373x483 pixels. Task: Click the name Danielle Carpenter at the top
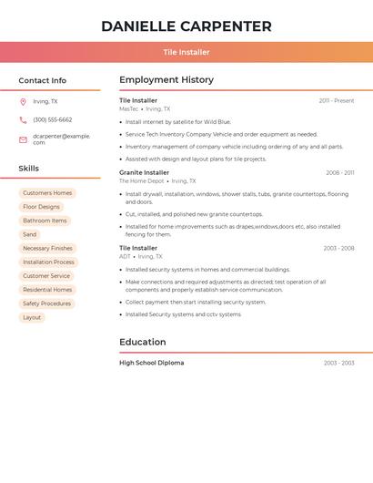pos(186,26)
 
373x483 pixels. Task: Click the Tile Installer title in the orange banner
pos(186,52)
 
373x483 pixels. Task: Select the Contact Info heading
pos(42,80)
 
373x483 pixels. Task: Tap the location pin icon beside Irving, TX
pos(23,102)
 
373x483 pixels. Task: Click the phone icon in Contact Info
pos(23,120)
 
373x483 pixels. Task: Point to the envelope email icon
pos(23,139)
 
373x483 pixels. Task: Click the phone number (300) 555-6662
pos(53,120)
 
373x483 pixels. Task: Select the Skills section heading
pos(29,169)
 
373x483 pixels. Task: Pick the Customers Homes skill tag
pos(47,193)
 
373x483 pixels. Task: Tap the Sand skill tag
pos(30,234)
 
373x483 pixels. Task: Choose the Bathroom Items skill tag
pos(45,221)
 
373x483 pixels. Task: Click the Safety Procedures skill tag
pos(46,303)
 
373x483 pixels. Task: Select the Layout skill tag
pos(32,317)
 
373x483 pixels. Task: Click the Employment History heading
pos(166,80)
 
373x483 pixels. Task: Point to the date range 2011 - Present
pos(337,101)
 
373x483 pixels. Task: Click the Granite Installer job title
pos(144,172)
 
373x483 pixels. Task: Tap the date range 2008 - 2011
pos(339,172)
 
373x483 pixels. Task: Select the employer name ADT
pos(125,257)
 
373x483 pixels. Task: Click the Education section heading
pos(143,343)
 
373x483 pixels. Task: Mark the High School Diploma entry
pos(151,363)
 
